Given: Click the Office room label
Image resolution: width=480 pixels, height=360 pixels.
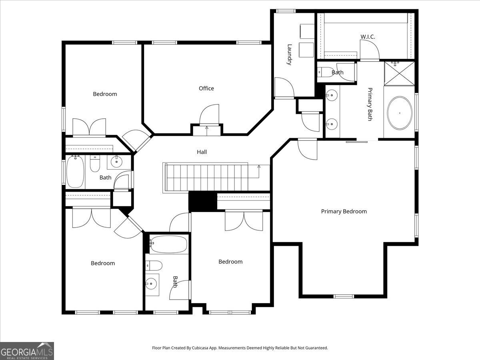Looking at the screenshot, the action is tap(206, 88).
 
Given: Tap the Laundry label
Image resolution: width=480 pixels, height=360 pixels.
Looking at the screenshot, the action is tap(289, 55).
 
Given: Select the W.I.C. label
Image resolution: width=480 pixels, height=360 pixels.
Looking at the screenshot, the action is tap(368, 37).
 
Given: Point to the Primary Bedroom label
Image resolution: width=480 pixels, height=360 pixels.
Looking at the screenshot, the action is tap(344, 211).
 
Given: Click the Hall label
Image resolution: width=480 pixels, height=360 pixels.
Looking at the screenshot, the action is tap(202, 152).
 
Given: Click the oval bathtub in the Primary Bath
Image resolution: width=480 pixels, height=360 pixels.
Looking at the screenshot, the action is tap(400, 113).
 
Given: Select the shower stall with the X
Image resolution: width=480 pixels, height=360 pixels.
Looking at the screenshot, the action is tap(399, 74).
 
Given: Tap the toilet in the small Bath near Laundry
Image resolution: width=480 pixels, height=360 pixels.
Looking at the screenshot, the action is tap(325, 72).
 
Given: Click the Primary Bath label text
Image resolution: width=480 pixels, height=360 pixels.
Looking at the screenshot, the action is tap(370, 104).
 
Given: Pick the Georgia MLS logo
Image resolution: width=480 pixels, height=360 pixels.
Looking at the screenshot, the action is tap(27, 351).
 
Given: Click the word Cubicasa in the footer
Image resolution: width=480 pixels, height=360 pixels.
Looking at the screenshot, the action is tap(200, 348).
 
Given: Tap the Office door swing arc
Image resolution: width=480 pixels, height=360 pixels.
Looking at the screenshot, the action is tap(208, 111).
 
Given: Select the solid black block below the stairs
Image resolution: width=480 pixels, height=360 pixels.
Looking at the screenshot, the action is tap(202, 201).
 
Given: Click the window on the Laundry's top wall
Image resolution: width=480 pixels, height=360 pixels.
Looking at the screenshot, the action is tap(286, 11).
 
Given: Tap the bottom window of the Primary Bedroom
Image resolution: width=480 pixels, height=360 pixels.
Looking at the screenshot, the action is tap(344, 296).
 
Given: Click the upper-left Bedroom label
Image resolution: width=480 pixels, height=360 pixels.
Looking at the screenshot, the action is tap(105, 94).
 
